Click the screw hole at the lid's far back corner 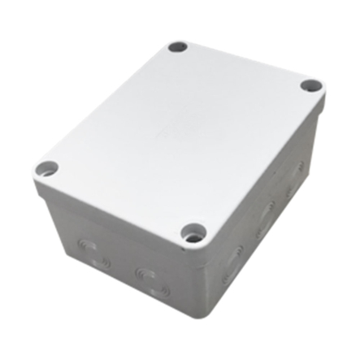(x=178, y=47)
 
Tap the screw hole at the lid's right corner (x=310, y=85)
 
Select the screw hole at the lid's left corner (x=47, y=168)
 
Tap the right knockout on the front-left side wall (x=152, y=278)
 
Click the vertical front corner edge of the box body (x=192, y=280)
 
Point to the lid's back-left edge (x=106, y=98)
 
